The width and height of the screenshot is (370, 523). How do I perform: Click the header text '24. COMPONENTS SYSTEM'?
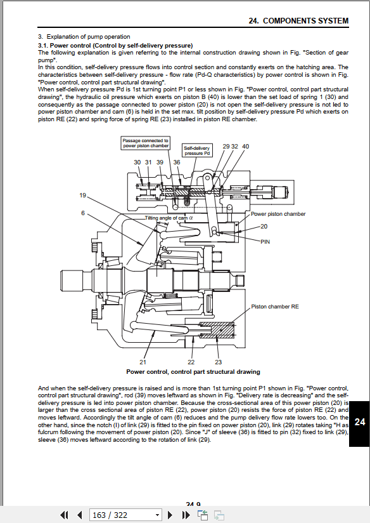pos(298,21)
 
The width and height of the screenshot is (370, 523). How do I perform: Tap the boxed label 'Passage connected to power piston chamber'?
pos(146,143)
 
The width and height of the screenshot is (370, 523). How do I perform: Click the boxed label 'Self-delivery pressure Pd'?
pos(197,150)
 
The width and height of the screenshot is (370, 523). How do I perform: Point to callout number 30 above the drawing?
pos(137,162)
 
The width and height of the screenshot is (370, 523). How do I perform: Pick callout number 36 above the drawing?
pos(177,162)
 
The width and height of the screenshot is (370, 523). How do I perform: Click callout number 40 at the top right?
pos(245,147)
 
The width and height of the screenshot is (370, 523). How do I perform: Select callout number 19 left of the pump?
pos(83,195)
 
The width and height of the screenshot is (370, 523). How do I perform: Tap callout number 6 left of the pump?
pos(83,213)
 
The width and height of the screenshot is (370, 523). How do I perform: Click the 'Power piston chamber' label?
pos(278,214)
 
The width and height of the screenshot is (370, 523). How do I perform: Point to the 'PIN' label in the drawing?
pos(265,242)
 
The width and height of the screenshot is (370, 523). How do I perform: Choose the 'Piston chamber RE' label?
pos(275,307)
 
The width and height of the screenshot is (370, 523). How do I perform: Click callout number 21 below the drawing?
pos(143,362)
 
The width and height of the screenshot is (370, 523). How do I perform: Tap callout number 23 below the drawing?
pos(218,362)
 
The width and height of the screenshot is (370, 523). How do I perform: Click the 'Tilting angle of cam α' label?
pos(169,218)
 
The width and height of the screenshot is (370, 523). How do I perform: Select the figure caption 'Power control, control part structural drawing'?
pos(193,371)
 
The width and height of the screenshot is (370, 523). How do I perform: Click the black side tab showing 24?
pos(359,423)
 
